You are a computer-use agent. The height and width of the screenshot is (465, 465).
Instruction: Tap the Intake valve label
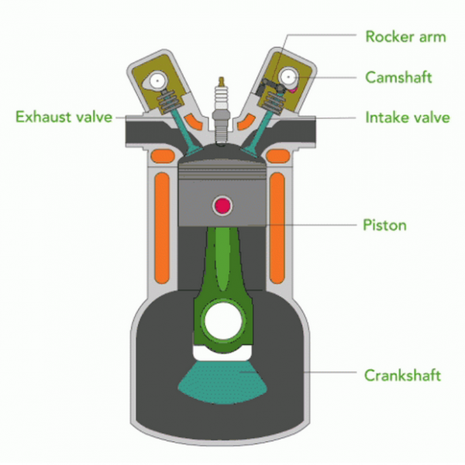click(x=407, y=119)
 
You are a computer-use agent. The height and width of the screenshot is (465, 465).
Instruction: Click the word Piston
click(x=385, y=226)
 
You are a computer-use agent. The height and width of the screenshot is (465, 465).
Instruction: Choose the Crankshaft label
click(x=402, y=375)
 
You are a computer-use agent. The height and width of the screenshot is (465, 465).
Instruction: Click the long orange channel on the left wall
click(x=162, y=229)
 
